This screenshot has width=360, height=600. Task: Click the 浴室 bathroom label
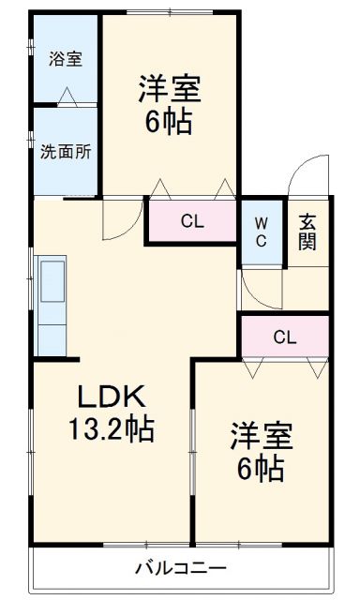tap(66, 58)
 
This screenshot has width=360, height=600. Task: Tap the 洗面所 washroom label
tap(66, 153)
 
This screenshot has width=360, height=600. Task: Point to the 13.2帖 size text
tap(110, 430)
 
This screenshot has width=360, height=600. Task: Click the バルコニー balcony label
tap(180, 567)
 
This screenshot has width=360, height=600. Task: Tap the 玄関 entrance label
tap(307, 232)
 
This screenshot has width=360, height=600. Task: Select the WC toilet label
tap(262, 232)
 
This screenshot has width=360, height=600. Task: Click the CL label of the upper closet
tap(192, 222)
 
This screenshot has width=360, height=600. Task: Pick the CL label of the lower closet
tap(285, 337)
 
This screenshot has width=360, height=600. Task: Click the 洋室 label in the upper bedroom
tap(170, 91)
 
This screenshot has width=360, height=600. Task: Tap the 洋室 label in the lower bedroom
tap(262, 436)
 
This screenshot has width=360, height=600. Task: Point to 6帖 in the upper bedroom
tap(170, 123)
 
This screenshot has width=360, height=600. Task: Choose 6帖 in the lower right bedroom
tap(262, 468)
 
